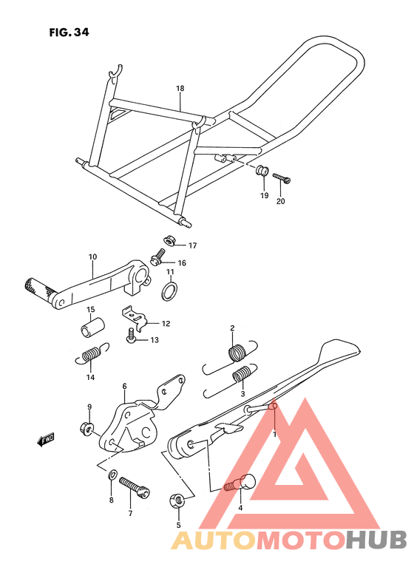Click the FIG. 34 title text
(x=69, y=33)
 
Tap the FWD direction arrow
(x=46, y=439)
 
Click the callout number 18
(x=180, y=89)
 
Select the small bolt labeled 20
(x=282, y=178)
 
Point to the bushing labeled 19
(x=262, y=170)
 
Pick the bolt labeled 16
(x=158, y=257)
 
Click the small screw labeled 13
(x=131, y=335)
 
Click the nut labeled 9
(x=86, y=428)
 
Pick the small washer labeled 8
(x=112, y=475)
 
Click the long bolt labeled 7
(x=135, y=488)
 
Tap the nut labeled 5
(x=176, y=501)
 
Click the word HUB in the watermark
(x=376, y=540)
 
